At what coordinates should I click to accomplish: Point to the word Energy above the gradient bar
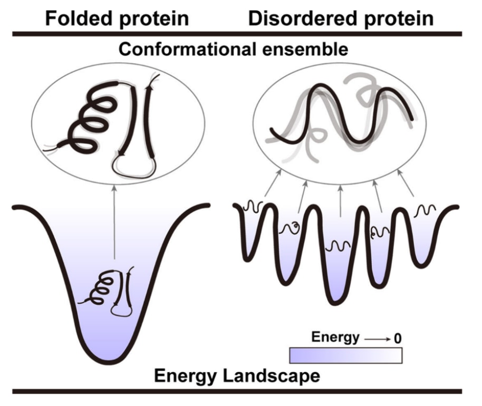tap(335, 337)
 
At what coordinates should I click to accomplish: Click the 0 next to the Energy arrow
tap(397, 338)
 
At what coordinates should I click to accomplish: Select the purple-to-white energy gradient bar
tap(345, 355)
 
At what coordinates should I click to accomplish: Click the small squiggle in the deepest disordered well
tap(339, 246)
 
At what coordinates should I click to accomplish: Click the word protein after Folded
tap(153, 18)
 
